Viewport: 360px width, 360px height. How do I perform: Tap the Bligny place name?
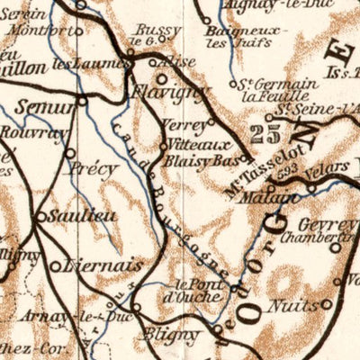(172, 335)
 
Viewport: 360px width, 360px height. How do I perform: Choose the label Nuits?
(296, 305)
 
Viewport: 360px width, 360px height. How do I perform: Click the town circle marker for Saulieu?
(41, 216)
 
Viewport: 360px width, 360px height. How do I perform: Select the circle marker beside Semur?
(82, 102)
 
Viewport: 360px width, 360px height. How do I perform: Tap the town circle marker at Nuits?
(327, 303)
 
